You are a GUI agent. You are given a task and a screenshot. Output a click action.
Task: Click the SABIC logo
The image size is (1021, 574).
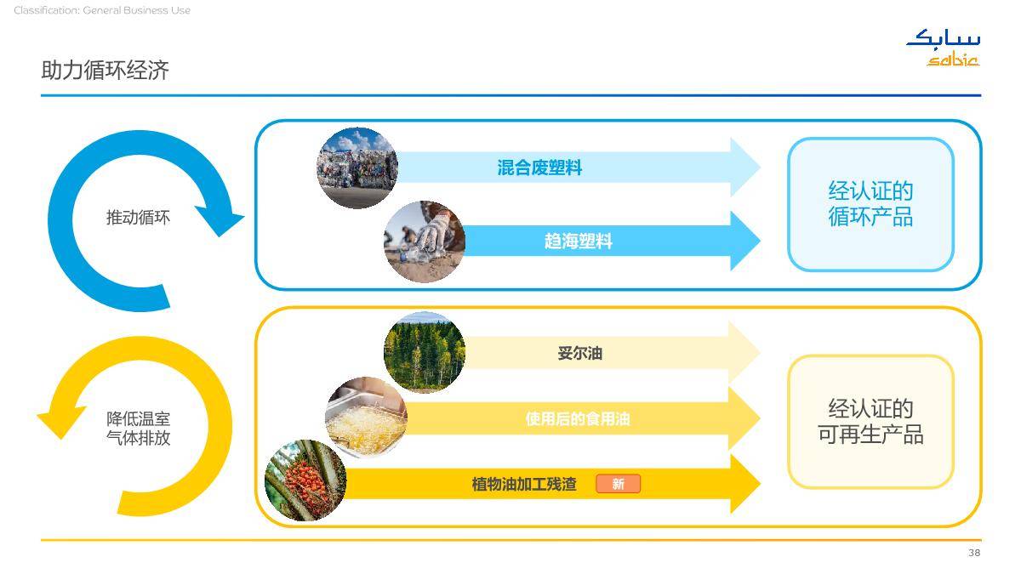[944, 48]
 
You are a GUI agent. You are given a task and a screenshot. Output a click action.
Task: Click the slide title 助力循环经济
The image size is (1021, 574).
[106, 70]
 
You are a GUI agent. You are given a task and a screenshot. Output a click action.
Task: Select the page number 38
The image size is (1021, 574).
[974, 553]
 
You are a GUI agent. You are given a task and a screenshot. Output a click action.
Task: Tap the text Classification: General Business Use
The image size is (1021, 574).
[102, 10]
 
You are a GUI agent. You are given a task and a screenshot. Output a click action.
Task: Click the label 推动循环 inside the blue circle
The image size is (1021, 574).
[138, 218]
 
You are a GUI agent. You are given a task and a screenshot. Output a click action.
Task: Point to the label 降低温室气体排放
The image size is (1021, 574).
[138, 429]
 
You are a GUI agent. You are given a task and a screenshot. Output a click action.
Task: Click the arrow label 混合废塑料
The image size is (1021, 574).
[539, 168]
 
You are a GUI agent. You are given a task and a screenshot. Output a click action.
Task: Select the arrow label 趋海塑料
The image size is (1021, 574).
[579, 241]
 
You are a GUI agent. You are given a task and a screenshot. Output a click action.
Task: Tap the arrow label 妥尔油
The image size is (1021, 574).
[579, 353]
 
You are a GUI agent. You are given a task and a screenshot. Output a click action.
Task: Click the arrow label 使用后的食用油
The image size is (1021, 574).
[578, 418]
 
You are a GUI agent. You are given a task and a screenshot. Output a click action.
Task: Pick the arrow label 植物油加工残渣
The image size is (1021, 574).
[524, 484]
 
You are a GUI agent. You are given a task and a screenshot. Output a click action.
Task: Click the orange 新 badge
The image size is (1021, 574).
[618, 484]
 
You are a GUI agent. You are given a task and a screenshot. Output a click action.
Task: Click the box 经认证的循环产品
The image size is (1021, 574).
[870, 205]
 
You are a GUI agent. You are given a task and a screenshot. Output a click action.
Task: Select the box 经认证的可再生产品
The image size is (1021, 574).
[870, 422]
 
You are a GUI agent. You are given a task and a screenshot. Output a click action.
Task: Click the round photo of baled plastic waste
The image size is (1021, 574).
[357, 168]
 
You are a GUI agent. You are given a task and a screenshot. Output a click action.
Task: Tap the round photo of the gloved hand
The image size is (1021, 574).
[425, 242]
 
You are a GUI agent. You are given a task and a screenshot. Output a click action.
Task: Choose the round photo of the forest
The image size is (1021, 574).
[425, 352]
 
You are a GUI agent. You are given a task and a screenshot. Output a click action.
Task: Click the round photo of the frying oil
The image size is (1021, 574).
[366, 418]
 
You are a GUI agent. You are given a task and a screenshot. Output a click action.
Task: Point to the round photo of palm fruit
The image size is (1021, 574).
[305, 480]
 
